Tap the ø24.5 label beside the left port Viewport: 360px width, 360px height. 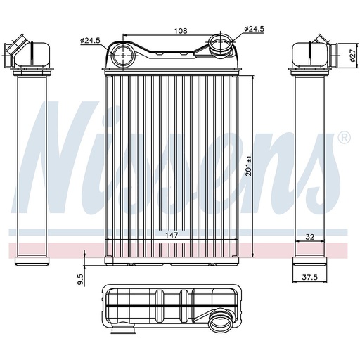[x=91, y=40]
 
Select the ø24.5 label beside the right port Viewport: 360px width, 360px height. [x=253, y=29]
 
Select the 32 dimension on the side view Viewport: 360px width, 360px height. [x=309, y=238]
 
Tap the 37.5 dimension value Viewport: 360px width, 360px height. [x=311, y=277]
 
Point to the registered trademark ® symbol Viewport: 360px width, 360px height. [x=344, y=138]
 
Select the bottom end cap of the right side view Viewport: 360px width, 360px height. [x=309, y=261]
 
